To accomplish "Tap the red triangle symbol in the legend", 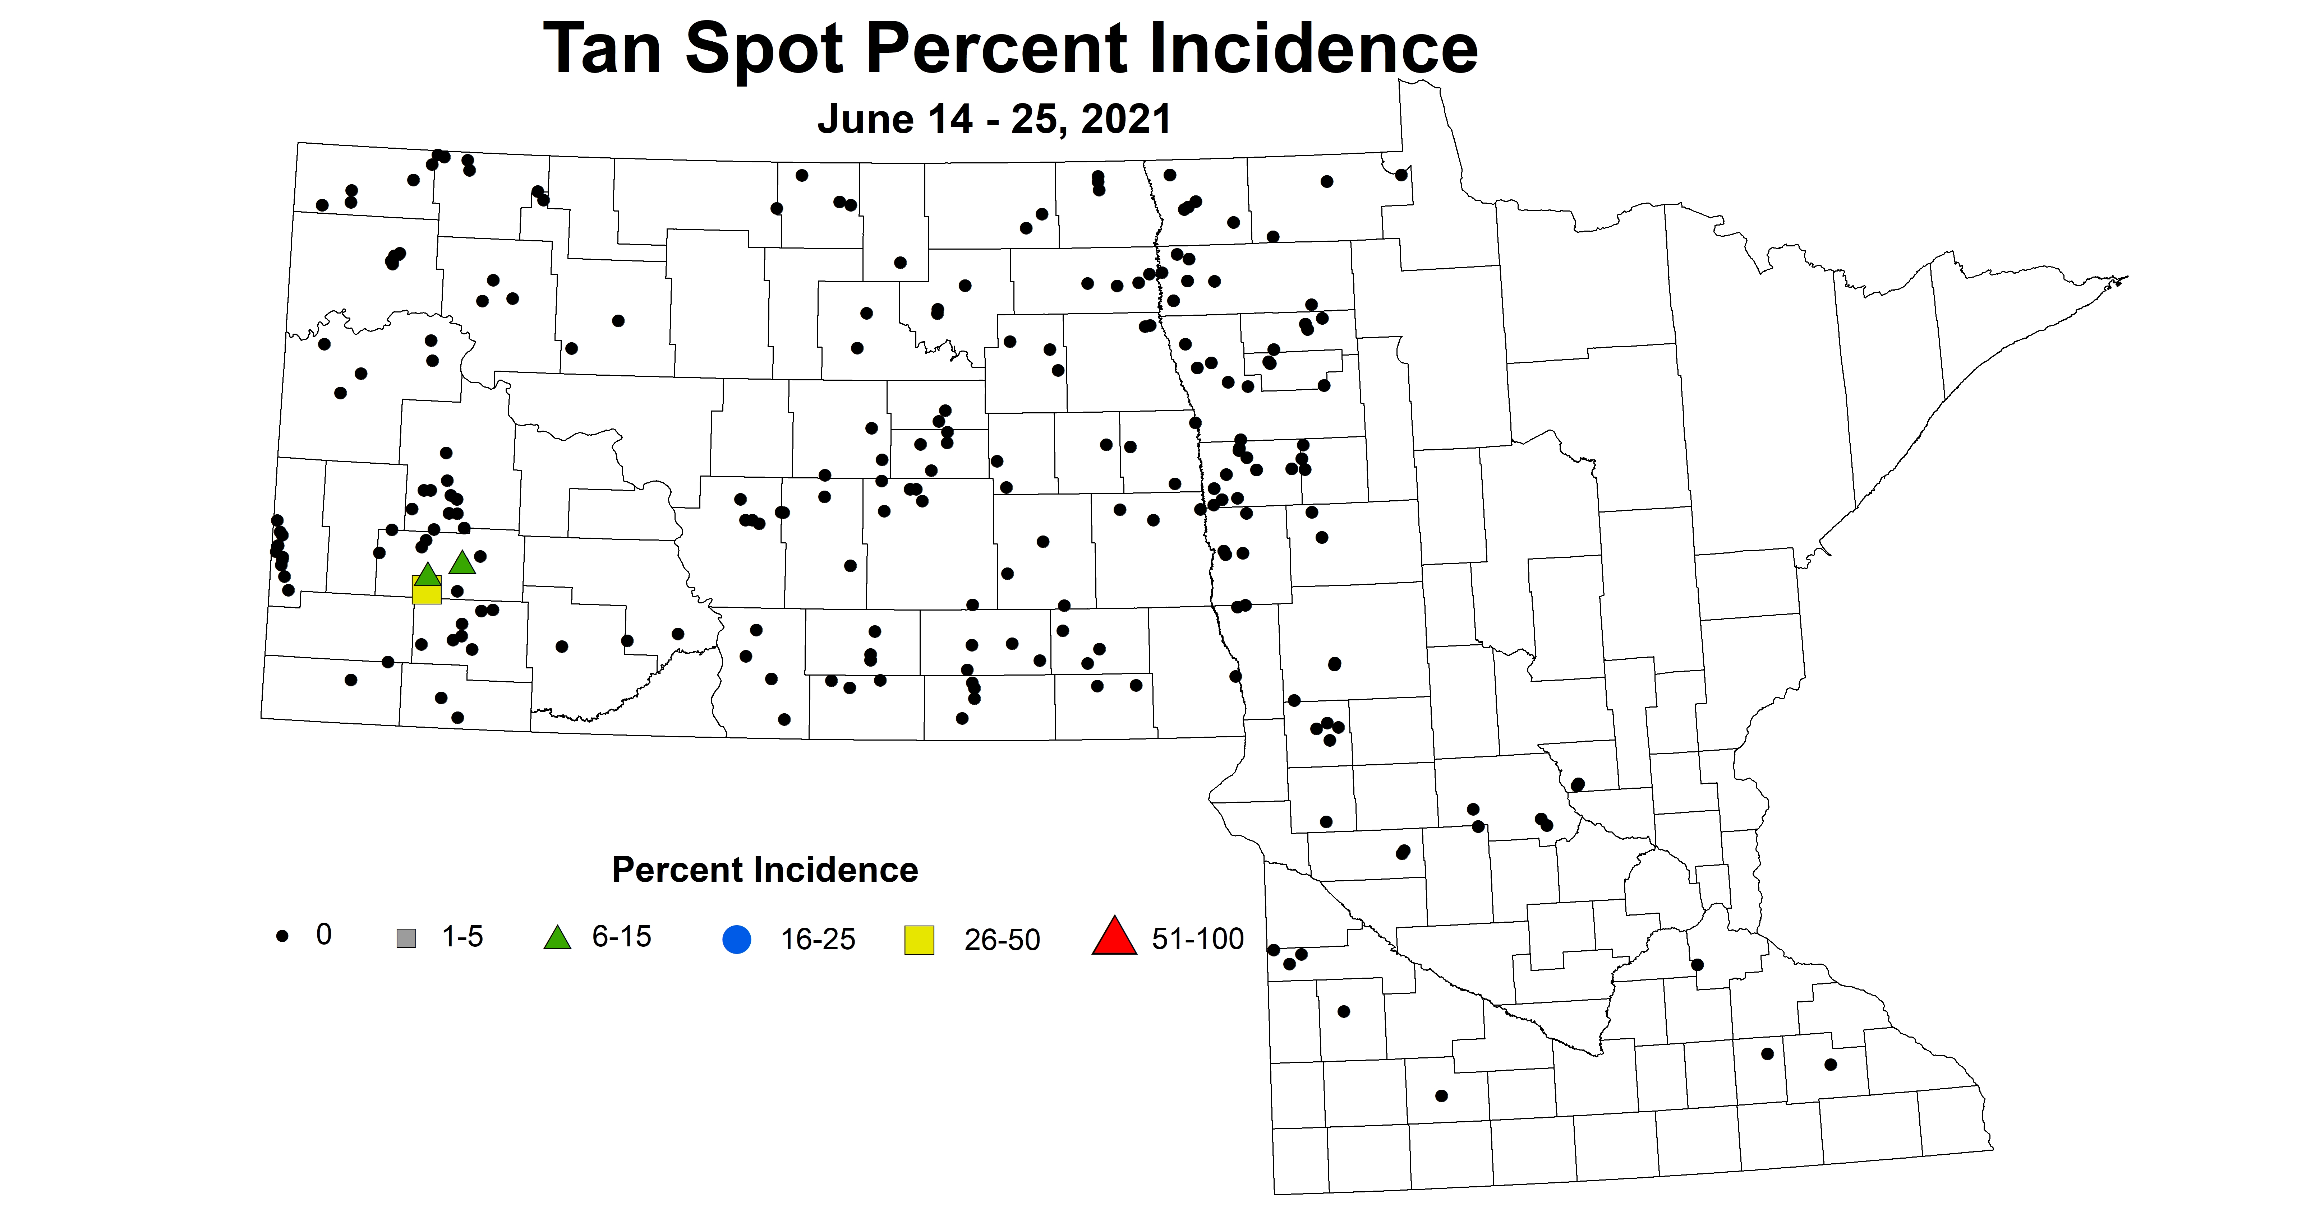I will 1114,936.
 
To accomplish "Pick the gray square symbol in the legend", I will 406,938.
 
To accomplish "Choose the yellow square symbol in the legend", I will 919,940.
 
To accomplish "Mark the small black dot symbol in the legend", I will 282,936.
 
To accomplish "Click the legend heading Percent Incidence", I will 765,870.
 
